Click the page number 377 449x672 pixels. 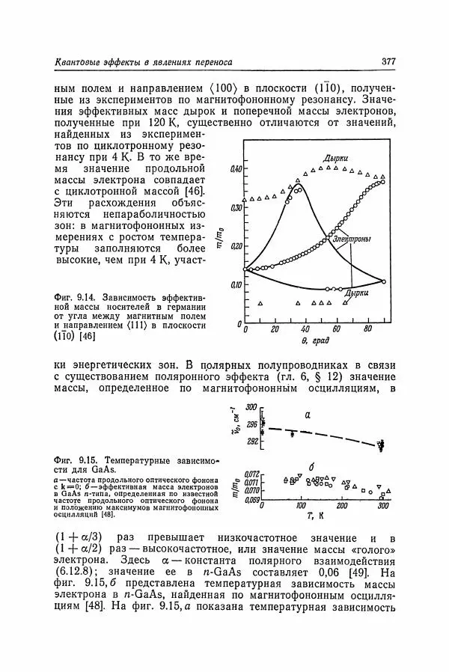(x=388, y=62)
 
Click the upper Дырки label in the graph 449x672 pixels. (x=334, y=159)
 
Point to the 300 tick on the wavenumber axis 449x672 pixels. (x=252, y=406)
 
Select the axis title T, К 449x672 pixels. (x=314, y=516)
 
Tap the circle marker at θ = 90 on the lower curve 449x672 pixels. (x=383, y=281)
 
